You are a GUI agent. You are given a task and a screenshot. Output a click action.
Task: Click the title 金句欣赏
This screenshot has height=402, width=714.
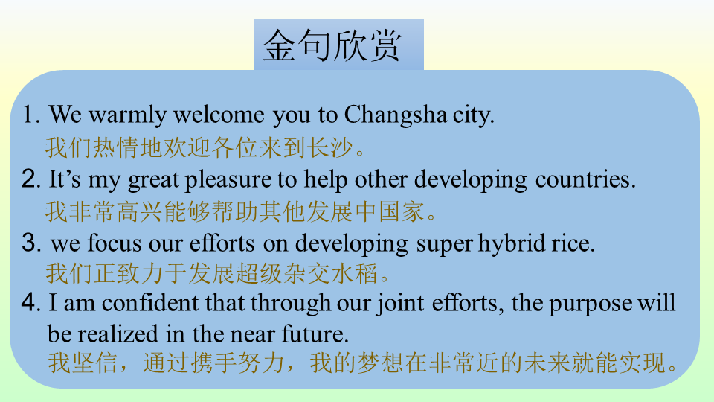pos(332,45)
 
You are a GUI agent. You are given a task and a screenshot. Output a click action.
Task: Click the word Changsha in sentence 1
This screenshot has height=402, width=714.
pos(395,115)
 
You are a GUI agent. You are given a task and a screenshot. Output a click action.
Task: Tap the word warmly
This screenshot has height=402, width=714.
pos(127,115)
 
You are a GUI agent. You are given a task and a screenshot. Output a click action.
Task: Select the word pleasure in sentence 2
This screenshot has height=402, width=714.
pos(228,180)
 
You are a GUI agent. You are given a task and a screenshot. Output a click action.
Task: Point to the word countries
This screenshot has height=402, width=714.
pos(585,179)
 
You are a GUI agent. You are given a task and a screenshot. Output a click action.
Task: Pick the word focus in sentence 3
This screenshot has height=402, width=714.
pos(115,243)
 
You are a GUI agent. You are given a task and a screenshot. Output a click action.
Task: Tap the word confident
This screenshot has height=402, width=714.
pos(150,303)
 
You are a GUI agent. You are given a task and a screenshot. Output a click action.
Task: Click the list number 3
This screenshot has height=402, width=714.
pos(31,243)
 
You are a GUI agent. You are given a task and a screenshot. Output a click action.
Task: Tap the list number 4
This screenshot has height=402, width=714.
pos(31,303)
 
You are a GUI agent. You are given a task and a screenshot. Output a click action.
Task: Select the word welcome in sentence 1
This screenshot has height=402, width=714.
pos(219,115)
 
